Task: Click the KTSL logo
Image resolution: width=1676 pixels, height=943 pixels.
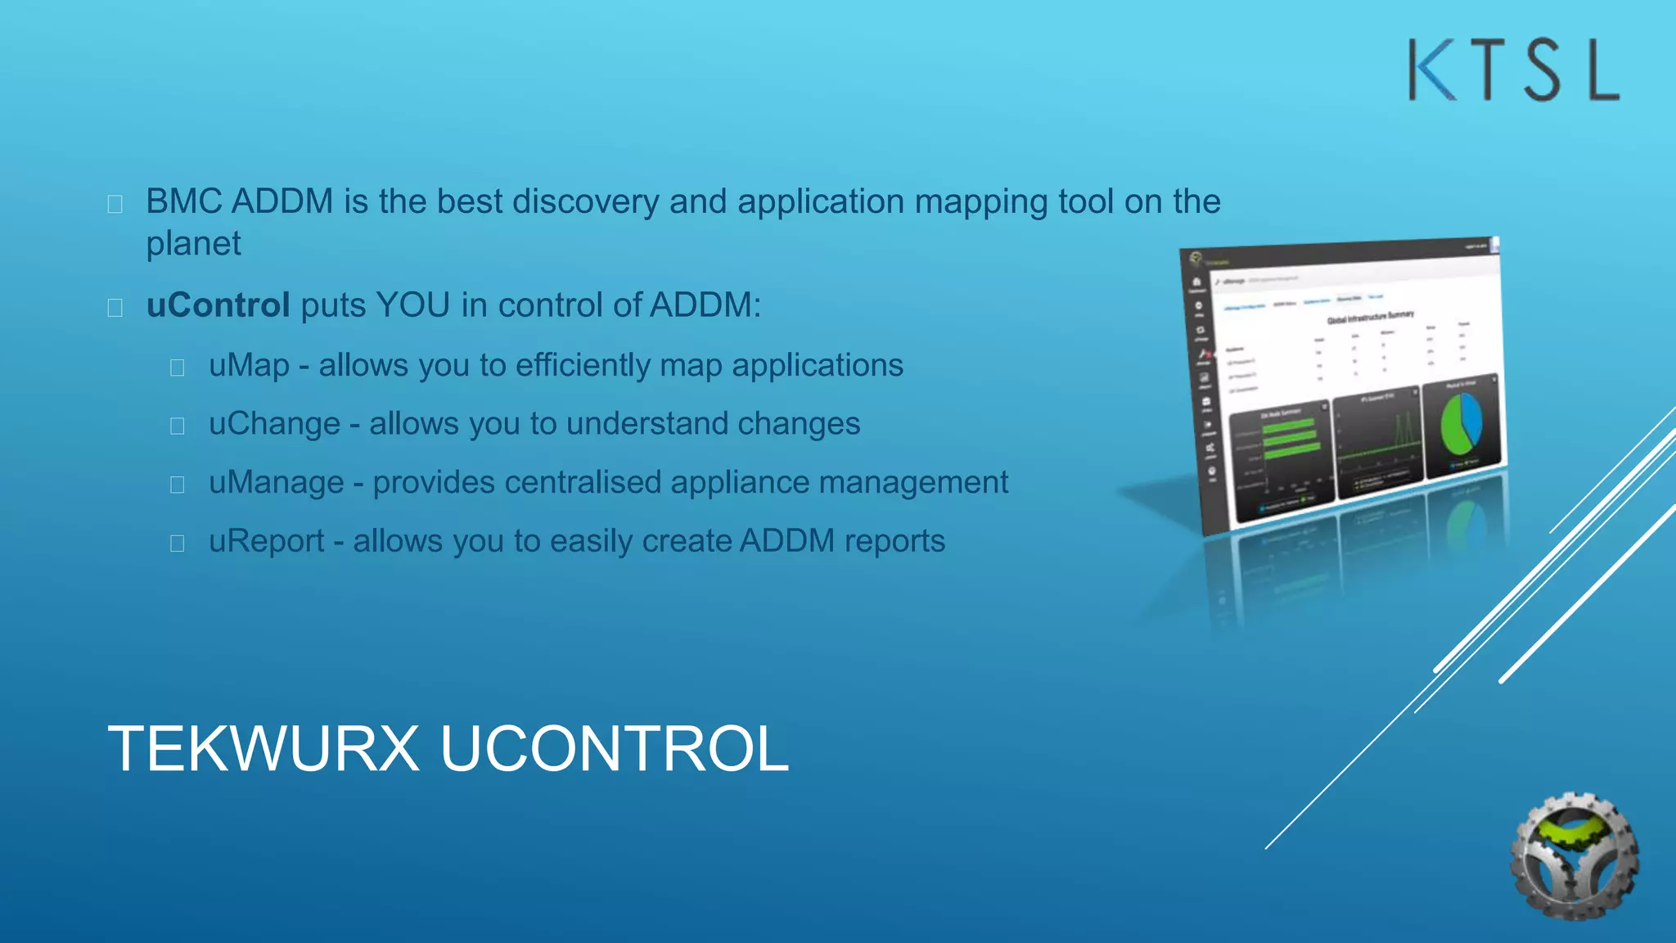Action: click(x=1513, y=70)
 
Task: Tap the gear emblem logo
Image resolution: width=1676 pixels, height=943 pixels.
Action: click(x=1574, y=855)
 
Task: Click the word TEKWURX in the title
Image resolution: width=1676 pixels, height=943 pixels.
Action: click(x=264, y=748)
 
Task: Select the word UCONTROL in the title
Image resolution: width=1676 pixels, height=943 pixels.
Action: click(x=615, y=748)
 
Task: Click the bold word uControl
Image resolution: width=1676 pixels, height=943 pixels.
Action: click(x=218, y=305)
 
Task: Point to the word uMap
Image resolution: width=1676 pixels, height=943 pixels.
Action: click(x=249, y=365)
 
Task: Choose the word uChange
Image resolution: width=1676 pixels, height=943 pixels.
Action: click(x=274, y=424)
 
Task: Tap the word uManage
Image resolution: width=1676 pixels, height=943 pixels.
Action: click(x=276, y=483)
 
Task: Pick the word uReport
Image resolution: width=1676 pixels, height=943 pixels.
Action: click(x=266, y=541)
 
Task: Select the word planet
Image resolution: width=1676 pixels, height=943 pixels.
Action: click(x=193, y=244)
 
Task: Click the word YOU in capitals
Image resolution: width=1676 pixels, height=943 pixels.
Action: click(x=412, y=305)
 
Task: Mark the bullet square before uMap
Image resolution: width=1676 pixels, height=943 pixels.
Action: click(x=177, y=368)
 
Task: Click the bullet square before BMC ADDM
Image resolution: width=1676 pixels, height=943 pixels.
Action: click(x=115, y=204)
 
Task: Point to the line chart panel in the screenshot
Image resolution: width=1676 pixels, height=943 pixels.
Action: click(x=1378, y=443)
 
